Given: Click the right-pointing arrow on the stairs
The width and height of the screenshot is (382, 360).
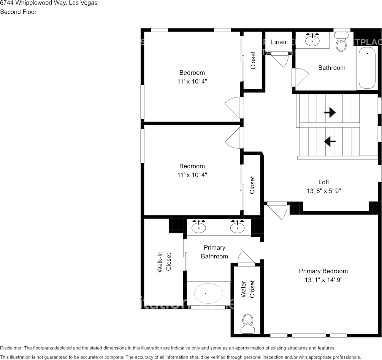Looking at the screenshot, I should pyautogui.click(x=330, y=112).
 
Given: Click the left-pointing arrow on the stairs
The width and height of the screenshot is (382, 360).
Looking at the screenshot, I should pyautogui.click(x=330, y=142).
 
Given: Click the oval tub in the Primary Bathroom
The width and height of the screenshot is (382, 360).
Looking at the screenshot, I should pyautogui.click(x=208, y=293).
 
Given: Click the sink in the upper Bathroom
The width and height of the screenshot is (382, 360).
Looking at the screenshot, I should pyautogui.click(x=313, y=40).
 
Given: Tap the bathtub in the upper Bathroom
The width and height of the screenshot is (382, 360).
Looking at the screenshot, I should pyautogui.click(x=367, y=68).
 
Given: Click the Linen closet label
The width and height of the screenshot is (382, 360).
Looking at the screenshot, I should pyautogui.click(x=279, y=42).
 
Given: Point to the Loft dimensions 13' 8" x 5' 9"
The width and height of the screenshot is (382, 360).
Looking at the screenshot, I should pyautogui.click(x=324, y=191).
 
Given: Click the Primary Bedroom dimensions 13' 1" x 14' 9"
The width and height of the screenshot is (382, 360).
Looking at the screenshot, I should pyautogui.click(x=323, y=280).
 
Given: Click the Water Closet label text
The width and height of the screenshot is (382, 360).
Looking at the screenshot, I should pyautogui.click(x=247, y=289).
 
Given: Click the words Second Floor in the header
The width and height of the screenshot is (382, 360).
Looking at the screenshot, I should pyautogui.click(x=18, y=12).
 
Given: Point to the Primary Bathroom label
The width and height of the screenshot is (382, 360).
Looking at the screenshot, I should pyautogui.click(x=214, y=252).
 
